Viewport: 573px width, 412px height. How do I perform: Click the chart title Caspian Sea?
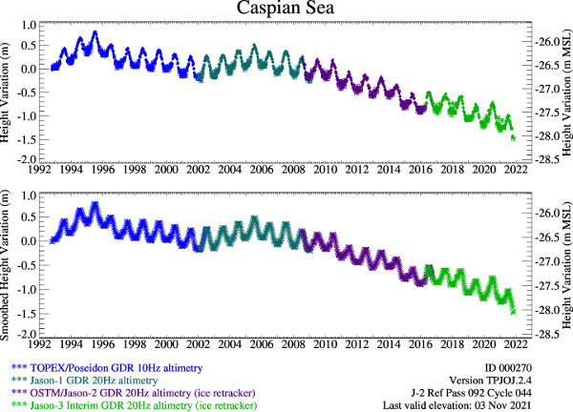click(286, 10)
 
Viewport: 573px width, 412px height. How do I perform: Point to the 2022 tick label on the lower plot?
click(514, 347)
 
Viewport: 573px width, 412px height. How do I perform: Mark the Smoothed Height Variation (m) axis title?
click(9, 262)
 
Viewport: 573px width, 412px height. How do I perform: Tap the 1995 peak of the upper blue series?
click(95, 32)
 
